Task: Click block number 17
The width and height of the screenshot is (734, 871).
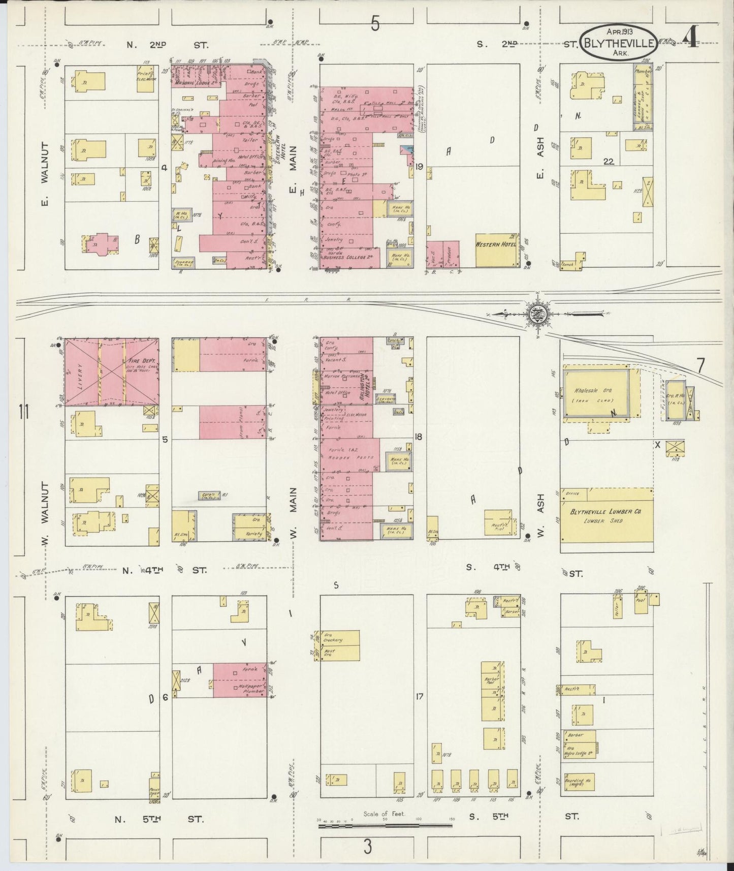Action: click(419, 697)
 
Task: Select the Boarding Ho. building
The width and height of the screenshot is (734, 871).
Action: click(579, 783)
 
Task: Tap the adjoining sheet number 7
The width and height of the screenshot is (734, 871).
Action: click(700, 365)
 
